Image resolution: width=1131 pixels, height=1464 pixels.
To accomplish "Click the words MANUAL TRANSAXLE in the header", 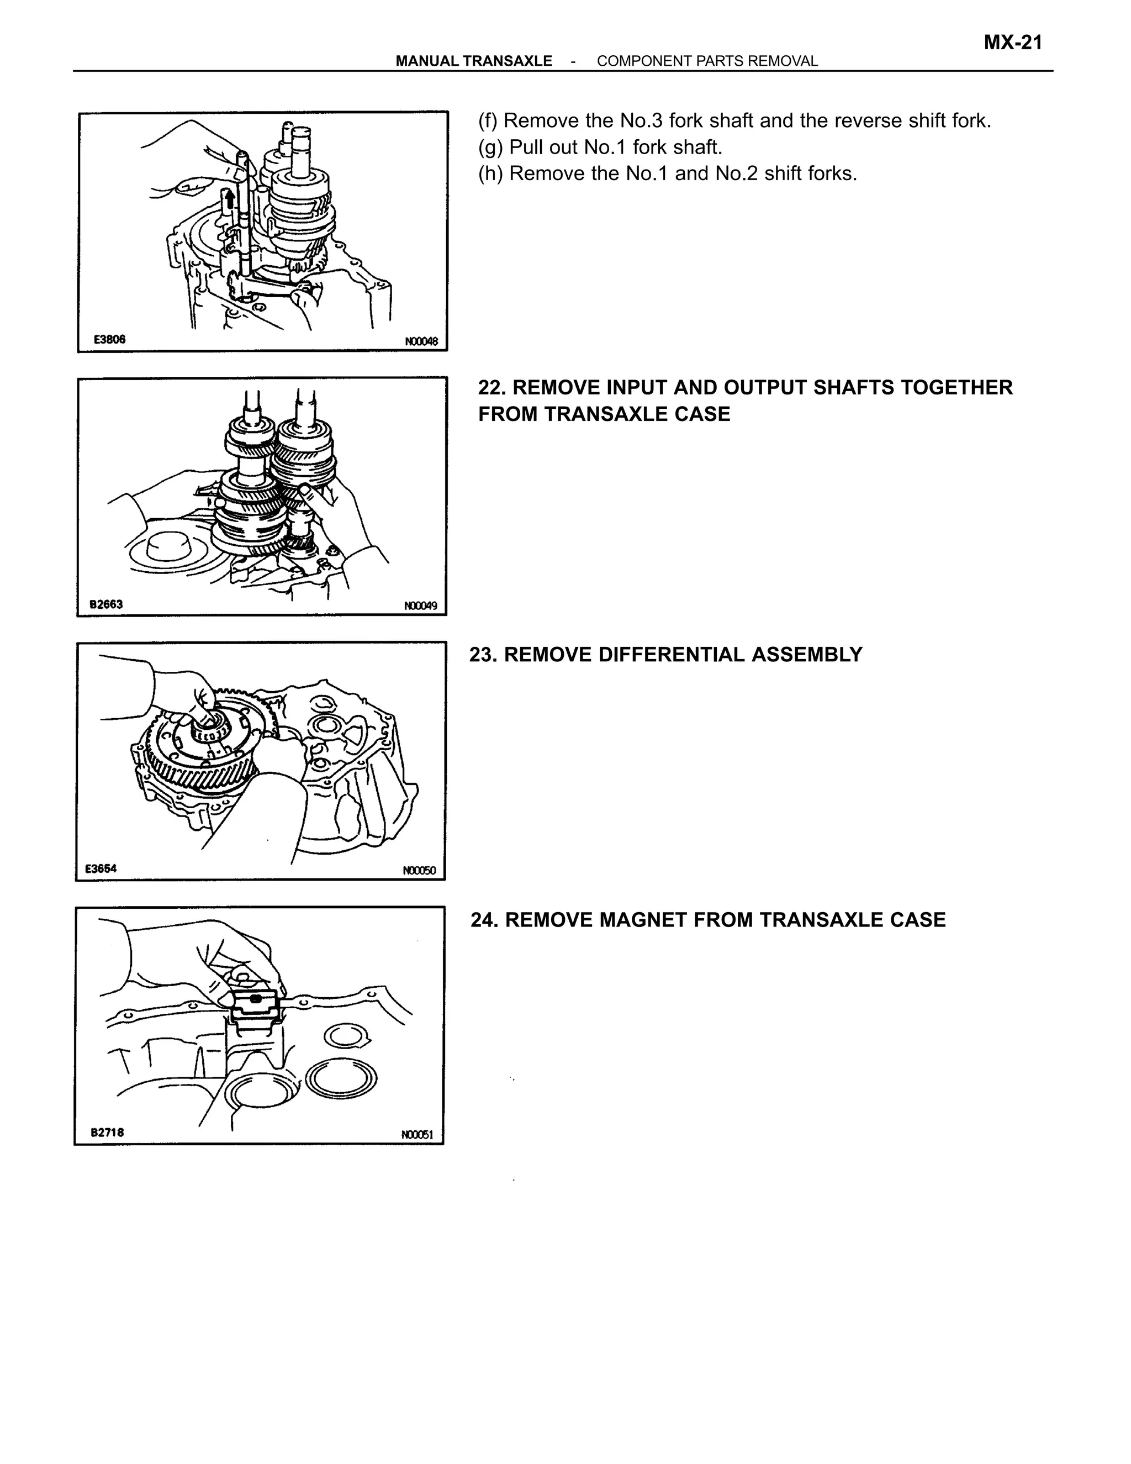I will click(x=474, y=61).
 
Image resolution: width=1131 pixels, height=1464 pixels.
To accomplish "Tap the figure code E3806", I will click(x=109, y=339).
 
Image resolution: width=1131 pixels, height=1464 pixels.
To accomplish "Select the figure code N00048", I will click(x=421, y=341).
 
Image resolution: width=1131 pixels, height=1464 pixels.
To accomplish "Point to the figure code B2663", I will click(x=106, y=604).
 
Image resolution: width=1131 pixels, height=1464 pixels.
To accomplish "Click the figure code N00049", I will click(x=420, y=606).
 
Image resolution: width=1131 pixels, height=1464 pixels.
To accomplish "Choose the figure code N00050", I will click(x=419, y=870).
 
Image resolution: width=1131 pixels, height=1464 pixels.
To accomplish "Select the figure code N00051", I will click(x=417, y=1134).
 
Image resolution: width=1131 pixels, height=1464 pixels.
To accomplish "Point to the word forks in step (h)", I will click(x=833, y=173).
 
